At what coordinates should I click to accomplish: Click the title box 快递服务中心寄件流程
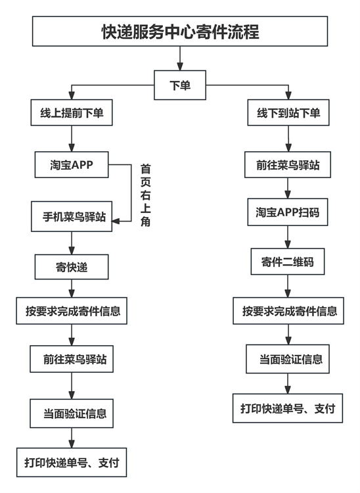(180, 32)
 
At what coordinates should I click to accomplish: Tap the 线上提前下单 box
(71, 114)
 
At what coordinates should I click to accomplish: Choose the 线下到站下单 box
(288, 114)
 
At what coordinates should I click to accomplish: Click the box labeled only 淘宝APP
(71, 165)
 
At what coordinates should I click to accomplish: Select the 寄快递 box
(71, 267)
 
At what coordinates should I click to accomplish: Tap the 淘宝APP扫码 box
(288, 213)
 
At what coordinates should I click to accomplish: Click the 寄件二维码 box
(288, 262)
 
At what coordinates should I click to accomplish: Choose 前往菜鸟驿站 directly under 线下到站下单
(288, 164)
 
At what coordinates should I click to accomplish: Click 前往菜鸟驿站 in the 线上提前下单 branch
(71, 360)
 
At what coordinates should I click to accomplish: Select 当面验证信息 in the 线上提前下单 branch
(71, 414)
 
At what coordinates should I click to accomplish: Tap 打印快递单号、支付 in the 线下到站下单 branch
(288, 409)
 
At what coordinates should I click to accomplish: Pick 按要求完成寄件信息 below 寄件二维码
(288, 310)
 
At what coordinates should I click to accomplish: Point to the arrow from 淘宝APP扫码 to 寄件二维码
(288, 237)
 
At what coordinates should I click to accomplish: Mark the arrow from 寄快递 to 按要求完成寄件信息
(71, 289)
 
